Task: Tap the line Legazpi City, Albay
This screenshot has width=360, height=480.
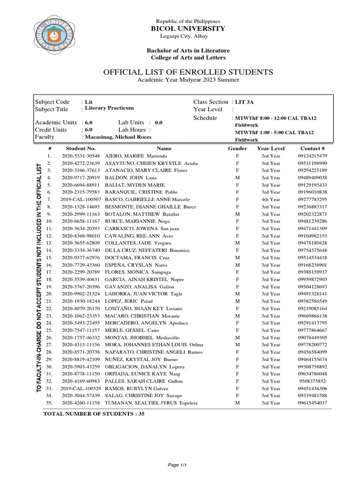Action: pos(187,37)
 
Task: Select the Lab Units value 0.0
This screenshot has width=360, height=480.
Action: pos(158,122)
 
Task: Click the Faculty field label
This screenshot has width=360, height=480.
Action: pos(45,137)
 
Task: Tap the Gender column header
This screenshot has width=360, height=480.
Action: pos(237,148)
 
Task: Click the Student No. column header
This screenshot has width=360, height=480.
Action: pos(81,148)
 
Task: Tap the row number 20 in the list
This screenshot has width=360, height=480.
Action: pos(48,294)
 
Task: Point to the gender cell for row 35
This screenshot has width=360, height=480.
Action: pos(237,403)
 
